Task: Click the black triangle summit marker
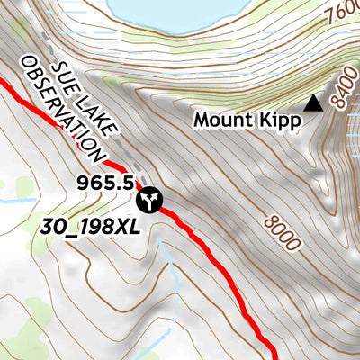click(313, 104)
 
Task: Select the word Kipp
click(278, 121)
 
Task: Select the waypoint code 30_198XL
click(91, 227)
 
